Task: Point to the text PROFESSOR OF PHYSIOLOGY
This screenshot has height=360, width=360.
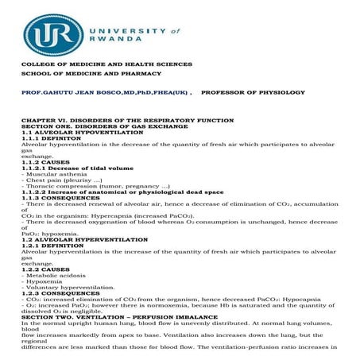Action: tap(253, 93)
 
